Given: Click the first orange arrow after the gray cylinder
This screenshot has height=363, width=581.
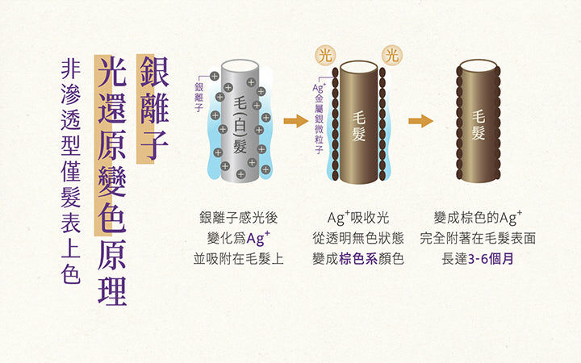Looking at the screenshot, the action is pyautogui.click(x=296, y=122).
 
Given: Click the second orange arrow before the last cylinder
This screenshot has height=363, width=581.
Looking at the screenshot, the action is pyautogui.click(x=420, y=122).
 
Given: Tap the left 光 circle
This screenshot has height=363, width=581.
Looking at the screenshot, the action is pyautogui.click(x=325, y=56).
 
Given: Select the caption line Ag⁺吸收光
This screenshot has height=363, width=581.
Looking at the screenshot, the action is pyautogui.click(x=358, y=217).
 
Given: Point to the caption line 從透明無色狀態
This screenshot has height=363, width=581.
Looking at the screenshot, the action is pyautogui.click(x=358, y=238).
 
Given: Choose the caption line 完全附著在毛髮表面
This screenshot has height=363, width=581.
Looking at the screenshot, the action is pyautogui.click(x=478, y=238).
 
